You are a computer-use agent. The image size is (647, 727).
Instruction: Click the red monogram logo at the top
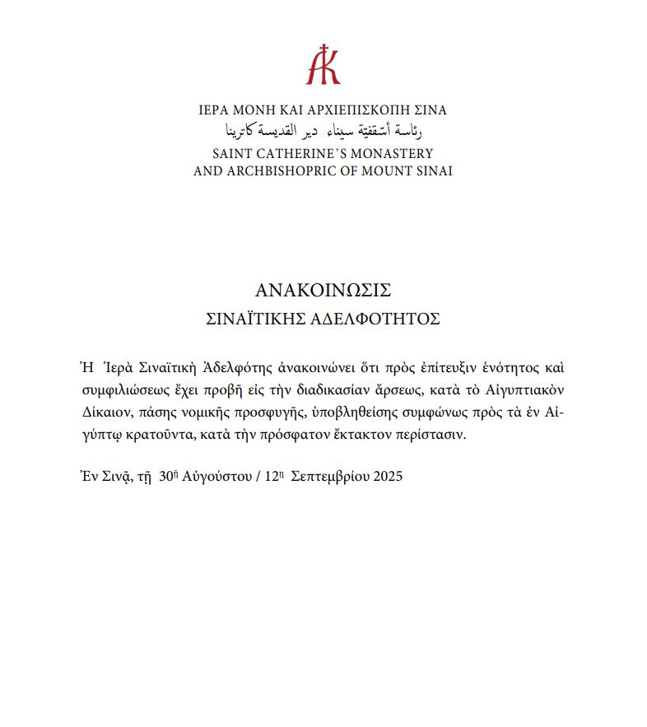click(323, 64)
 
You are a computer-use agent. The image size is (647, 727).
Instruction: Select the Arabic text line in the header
click(323, 131)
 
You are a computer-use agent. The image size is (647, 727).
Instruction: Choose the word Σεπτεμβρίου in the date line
click(328, 477)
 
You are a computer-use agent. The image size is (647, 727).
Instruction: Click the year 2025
click(385, 477)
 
